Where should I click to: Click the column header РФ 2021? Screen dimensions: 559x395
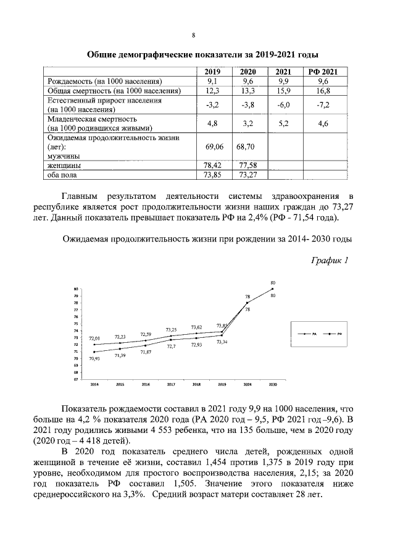coord(323,72)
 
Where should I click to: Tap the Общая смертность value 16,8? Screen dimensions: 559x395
coord(323,91)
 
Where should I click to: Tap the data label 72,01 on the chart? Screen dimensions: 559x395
coord(94,338)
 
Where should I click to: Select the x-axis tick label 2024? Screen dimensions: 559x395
coord(247,384)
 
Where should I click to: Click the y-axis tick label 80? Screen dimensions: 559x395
coord(75,289)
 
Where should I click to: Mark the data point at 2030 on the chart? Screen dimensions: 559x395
coord(273,289)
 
